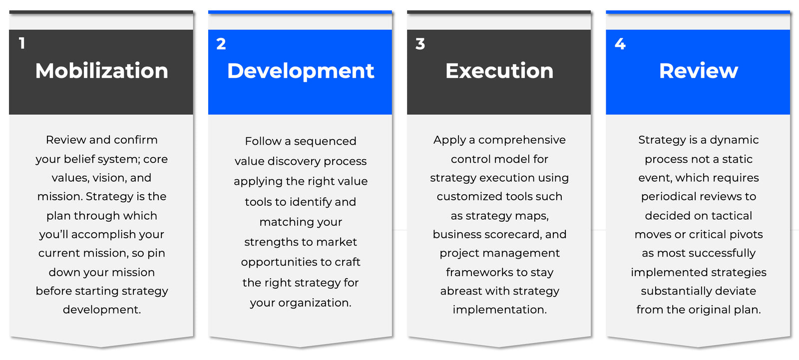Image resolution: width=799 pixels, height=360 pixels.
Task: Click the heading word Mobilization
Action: pos(102,70)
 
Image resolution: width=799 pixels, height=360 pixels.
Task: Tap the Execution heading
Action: pos(499,70)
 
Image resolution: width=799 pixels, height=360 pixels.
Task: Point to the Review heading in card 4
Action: pos(699,70)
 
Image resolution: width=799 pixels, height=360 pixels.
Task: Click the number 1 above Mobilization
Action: pos(22,43)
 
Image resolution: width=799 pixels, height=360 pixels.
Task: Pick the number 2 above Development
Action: pos(221,44)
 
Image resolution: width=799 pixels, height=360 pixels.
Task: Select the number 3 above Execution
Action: pos(420,44)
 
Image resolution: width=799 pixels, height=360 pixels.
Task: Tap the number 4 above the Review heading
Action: pos(620,44)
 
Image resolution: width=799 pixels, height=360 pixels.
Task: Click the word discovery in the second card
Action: pos(300,161)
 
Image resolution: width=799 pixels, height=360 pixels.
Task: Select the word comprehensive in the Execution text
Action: pos(522,140)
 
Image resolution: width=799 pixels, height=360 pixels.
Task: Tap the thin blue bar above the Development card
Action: pos(300,12)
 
